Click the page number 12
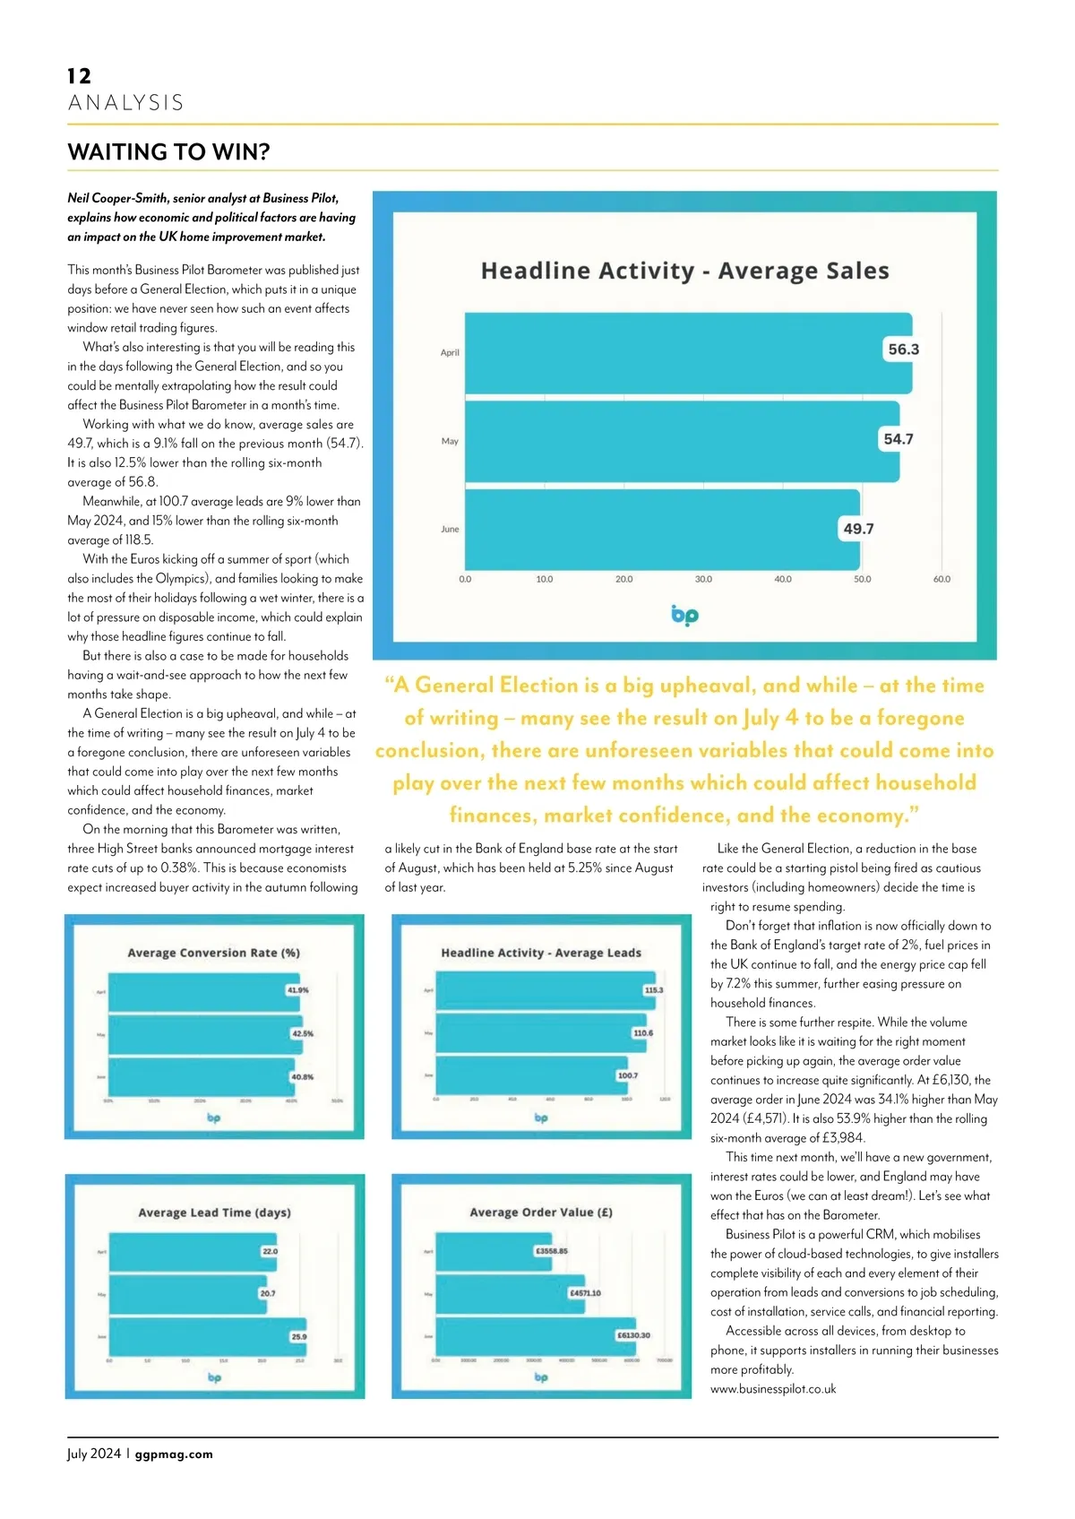pos(79,76)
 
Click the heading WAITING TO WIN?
pos(168,152)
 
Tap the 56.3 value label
pos(903,350)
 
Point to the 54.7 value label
pos(898,439)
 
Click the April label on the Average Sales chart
pos(450,353)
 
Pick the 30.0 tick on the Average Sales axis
pos(703,580)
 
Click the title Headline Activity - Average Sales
pos(684,271)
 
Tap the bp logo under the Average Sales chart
pos(684,616)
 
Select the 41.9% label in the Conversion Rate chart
pos(297,990)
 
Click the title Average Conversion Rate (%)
pos(213,953)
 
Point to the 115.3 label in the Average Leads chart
pos(654,990)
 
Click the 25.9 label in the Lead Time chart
pos(298,1337)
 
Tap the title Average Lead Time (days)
pos(214,1213)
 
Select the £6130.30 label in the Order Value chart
pos(633,1335)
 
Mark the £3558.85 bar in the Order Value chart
pos(484,1251)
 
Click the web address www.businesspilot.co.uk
pos(773,1389)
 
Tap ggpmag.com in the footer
pos(174,1454)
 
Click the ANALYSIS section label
pos(125,103)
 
